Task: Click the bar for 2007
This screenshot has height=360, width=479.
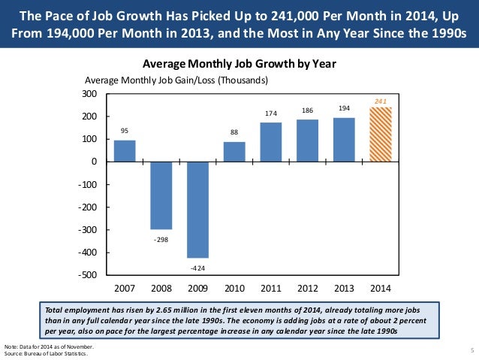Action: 125,151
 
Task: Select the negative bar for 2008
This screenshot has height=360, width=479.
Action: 161,195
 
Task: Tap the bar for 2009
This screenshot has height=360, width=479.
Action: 198,210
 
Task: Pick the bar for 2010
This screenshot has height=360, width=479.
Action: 234,152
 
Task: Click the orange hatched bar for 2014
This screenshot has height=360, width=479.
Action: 381,135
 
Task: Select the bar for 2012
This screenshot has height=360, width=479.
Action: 308,141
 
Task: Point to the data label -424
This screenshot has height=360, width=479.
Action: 198,268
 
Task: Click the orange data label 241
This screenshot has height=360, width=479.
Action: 381,98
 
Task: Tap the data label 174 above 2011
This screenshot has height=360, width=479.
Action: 271,113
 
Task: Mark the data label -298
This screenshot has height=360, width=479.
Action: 161,239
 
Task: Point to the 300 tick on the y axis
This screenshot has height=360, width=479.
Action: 90,94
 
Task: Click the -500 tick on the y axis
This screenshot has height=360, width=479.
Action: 88,275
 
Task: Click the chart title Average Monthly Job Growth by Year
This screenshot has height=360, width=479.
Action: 239,64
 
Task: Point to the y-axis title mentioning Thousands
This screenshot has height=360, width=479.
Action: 176,80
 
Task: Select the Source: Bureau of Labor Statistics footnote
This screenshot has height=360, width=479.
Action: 52,354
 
